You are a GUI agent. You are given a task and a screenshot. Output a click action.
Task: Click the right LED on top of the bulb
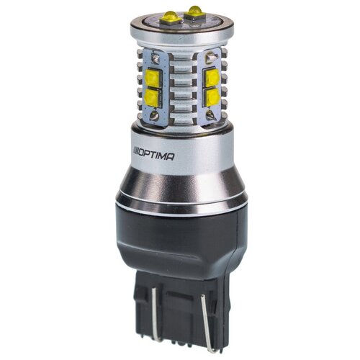194,11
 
